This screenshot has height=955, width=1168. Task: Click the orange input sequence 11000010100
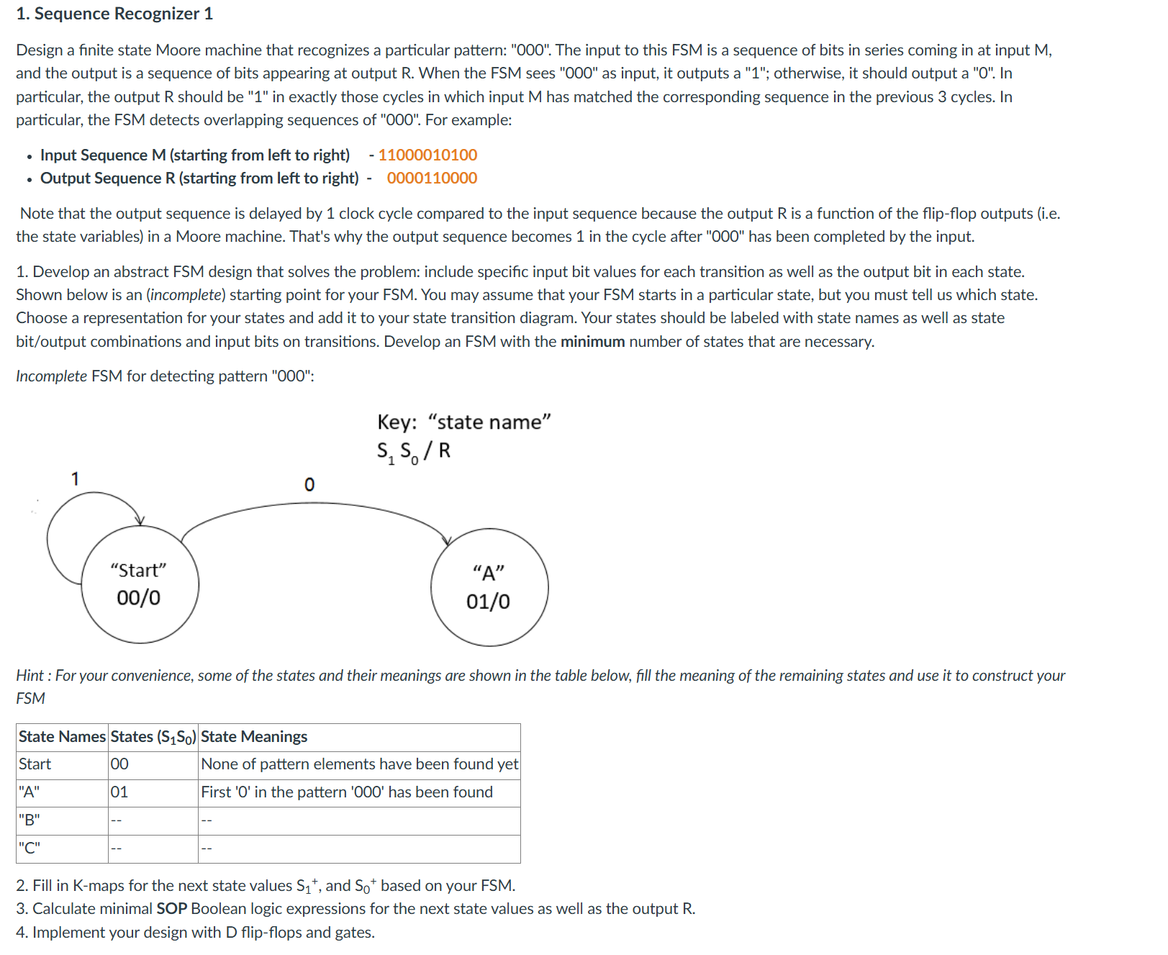[x=427, y=155]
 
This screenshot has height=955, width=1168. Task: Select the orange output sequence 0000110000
[x=432, y=178]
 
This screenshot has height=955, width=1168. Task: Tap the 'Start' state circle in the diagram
[x=140, y=584]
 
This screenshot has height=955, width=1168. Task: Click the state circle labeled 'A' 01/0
[x=489, y=587]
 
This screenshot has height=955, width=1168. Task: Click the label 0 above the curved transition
[x=309, y=484]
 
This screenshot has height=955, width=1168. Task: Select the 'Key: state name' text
[x=464, y=422]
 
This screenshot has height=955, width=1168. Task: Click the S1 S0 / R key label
[x=414, y=451]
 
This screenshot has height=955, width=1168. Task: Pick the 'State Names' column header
[x=62, y=736]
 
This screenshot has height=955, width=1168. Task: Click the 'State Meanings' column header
[x=254, y=736]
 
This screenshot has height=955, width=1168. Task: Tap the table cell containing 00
[x=120, y=764]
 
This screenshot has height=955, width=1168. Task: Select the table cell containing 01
[x=119, y=792]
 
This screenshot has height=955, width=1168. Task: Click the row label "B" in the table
[x=30, y=820]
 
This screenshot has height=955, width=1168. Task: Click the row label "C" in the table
[x=30, y=848]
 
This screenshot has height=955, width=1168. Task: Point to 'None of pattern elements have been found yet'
[x=359, y=764]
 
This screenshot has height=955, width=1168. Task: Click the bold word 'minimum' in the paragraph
[x=592, y=341]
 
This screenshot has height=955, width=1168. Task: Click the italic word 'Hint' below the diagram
[x=30, y=675]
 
